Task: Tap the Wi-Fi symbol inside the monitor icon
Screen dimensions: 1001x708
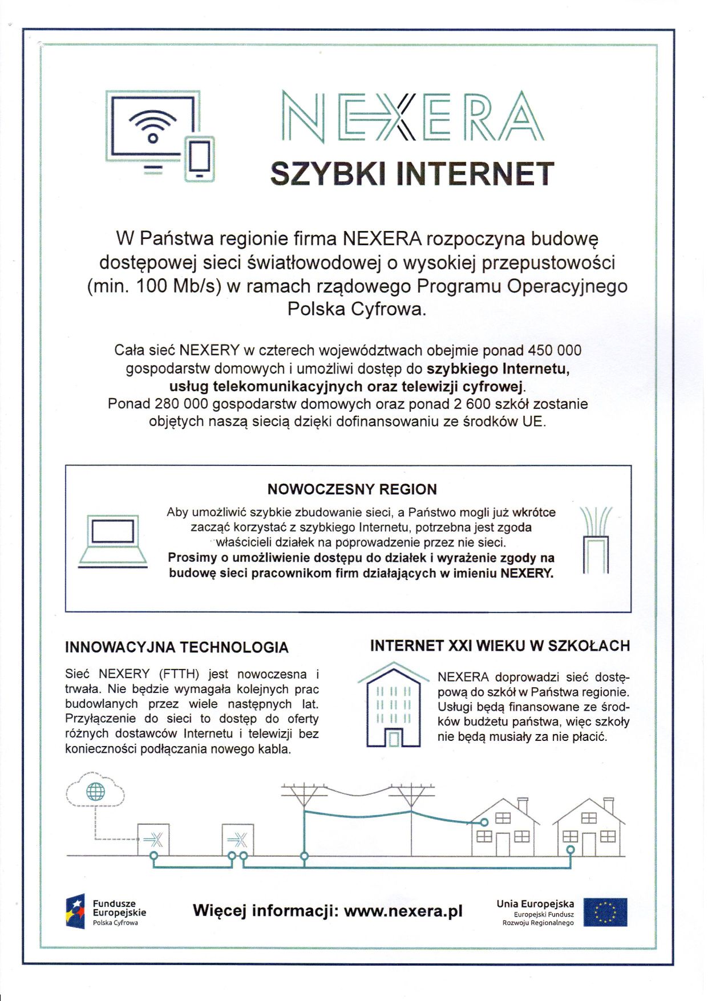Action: click(152, 126)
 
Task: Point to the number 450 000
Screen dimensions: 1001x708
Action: click(555, 350)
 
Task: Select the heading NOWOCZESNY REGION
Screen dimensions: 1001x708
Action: click(352, 489)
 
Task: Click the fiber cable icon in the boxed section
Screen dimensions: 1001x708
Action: click(596, 540)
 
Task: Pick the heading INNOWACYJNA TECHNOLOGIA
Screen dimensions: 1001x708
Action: click(177, 647)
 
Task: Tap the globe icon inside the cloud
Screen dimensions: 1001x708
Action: click(95, 792)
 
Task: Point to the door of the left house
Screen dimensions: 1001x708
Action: click(502, 844)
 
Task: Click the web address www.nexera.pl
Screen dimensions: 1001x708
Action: click(403, 911)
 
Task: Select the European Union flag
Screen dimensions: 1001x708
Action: click(605, 912)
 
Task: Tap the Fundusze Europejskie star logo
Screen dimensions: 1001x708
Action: click(76, 911)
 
